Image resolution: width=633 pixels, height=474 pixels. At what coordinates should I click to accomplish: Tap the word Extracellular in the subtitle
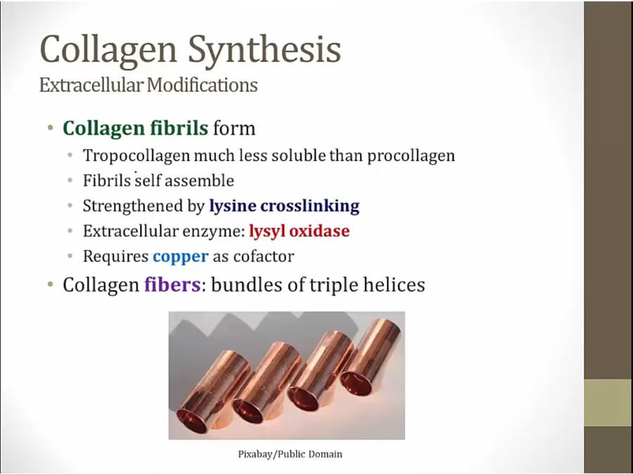pos(91,85)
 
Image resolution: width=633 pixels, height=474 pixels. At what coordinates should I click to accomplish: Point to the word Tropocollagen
pos(136,156)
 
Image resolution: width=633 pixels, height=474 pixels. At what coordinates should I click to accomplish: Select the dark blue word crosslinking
pos(309,206)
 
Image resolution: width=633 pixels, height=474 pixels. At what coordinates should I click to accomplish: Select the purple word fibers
pos(172,284)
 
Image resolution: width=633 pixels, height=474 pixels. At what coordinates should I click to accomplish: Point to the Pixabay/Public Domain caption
pos(290,454)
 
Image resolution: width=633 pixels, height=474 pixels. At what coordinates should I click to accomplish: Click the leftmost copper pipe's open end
pos(192,421)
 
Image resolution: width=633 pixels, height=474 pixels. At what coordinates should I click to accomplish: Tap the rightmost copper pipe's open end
pos(356,383)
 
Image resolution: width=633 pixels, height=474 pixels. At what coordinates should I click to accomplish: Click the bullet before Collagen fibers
pos(50,284)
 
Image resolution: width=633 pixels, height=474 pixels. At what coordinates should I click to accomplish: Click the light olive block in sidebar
pos(608,402)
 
